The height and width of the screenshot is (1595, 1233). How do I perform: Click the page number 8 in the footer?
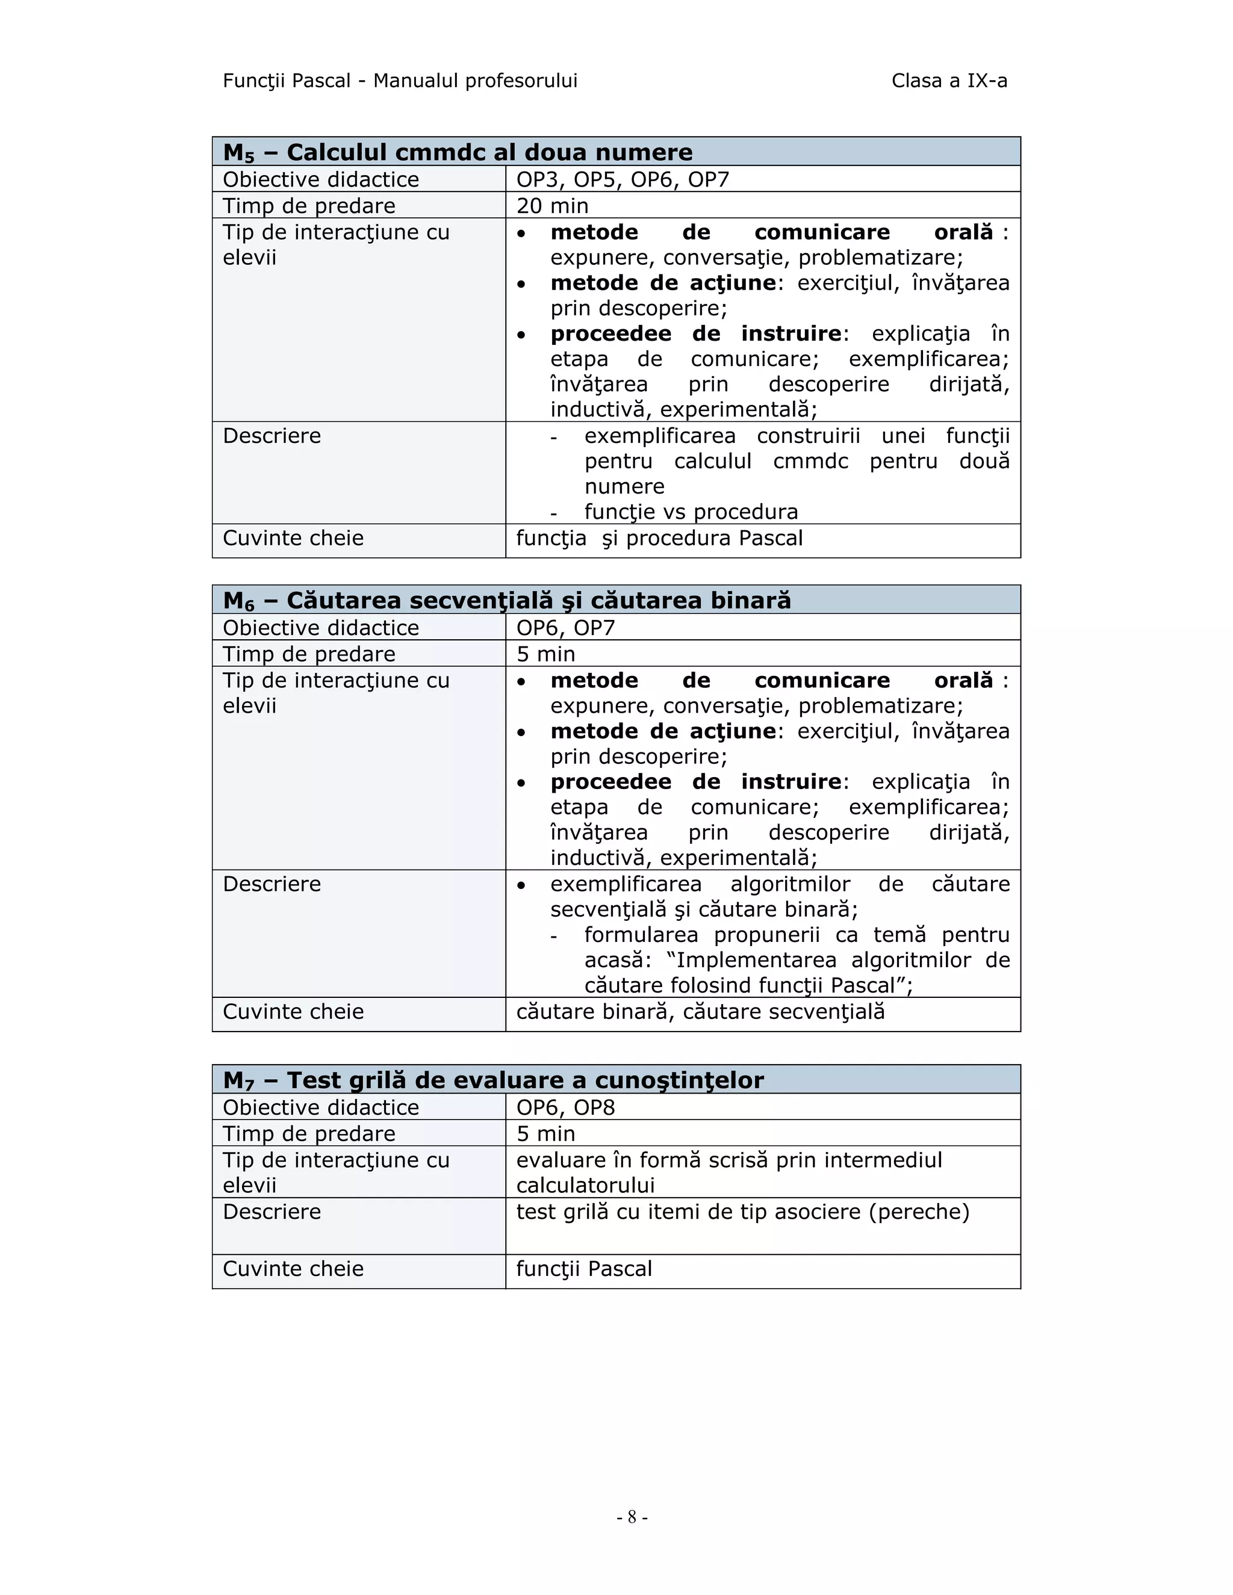coord(632,1517)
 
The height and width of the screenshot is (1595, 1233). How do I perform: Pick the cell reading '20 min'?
coord(552,206)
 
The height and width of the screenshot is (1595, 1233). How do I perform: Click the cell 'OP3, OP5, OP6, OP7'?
coord(623,179)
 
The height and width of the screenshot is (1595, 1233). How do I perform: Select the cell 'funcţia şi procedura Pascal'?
coord(659,538)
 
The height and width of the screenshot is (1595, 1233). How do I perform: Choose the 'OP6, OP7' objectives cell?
coord(565,627)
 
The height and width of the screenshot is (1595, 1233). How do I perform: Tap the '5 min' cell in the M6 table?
coord(545,654)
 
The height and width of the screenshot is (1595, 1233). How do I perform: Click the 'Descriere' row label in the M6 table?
coord(272,884)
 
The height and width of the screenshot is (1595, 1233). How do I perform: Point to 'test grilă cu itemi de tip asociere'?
coord(742,1212)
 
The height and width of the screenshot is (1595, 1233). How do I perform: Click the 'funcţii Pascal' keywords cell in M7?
coord(583,1269)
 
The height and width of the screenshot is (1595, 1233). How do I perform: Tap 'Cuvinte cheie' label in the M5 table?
coord(293,538)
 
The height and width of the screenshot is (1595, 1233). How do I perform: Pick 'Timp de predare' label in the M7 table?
coord(309,1133)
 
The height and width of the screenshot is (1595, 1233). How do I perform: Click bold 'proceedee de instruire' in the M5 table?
coord(695,334)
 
